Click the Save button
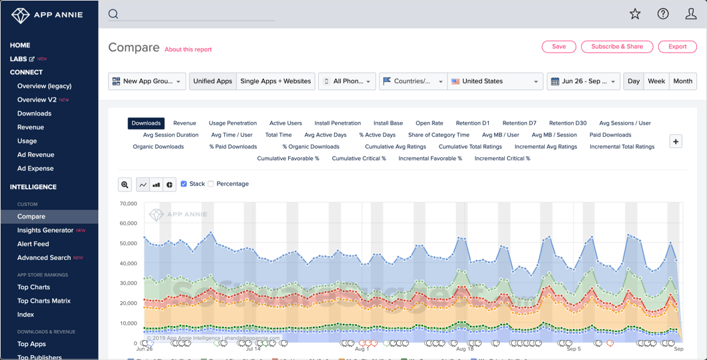[x=559, y=47]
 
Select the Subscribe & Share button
[x=617, y=47]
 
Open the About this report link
[x=188, y=49]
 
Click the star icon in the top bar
[x=635, y=14]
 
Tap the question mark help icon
[x=663, y=14]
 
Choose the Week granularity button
[x=656, y=81]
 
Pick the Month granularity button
[x=682, y=81]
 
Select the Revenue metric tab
[x=185, y=123]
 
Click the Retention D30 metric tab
[x=568, y=123]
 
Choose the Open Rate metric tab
[x=429, y=123]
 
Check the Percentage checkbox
[x=211, y=184]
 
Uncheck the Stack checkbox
[x=184, y=184]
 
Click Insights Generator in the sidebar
[x=45, y=230]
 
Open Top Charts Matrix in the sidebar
[x=44, y=301]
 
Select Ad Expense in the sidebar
[x=35, y=169]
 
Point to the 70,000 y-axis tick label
[x=128, y=203]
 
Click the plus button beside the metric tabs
[x=676, y=141]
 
